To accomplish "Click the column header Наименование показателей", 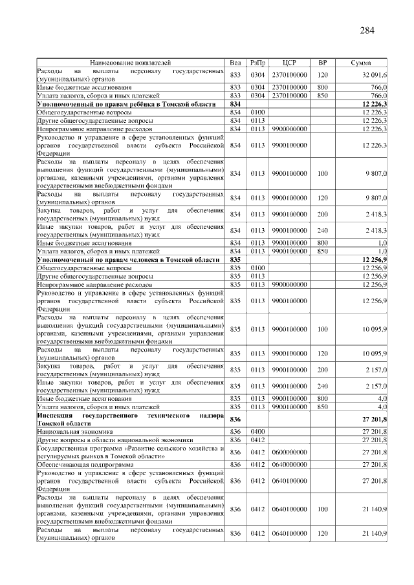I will click(x=132, y=63).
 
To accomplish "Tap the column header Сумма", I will click(x=360, y=63).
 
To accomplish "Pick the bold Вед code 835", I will click(x=235, y=259).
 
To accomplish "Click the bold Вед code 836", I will click(x=235, y=420).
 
